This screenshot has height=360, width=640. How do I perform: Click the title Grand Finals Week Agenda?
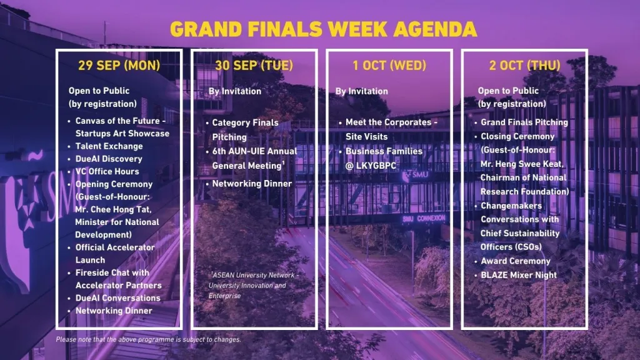[x=323, y=29]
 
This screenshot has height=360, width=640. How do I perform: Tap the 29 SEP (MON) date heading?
[x=119, y=65]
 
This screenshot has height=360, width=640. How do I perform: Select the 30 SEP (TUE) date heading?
[x=254, y=65]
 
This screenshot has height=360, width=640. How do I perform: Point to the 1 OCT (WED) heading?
[x=389, y=65]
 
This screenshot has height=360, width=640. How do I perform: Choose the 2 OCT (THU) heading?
[x=524, y=65]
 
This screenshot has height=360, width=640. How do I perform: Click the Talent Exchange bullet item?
[x=109, y=146]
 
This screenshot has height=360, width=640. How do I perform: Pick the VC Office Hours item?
[x=107, y=171]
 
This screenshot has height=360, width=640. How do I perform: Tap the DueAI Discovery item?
[x=109, y=159]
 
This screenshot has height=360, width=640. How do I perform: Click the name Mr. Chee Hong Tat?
[x=113, y=209]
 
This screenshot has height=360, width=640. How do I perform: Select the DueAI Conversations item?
[x=117, y=298]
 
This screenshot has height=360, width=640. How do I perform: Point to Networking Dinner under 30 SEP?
[x=252, y=184]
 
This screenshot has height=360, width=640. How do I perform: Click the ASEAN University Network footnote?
[x=254, y=285]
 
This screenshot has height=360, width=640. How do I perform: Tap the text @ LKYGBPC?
[x=371, y=166]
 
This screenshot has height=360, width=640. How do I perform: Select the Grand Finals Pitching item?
[x=524, y=122]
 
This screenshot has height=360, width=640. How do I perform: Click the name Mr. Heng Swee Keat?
[x=522, y=164]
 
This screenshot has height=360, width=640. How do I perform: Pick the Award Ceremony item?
[x=516, y=261]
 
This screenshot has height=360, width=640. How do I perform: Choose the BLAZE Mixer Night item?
[x=518, y=275]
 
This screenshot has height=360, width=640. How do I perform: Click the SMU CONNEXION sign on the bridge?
[x=424, y=219]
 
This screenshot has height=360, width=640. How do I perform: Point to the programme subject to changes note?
[x=148, y=339]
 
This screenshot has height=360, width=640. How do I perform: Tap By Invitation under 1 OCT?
[x=362, y=91]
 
